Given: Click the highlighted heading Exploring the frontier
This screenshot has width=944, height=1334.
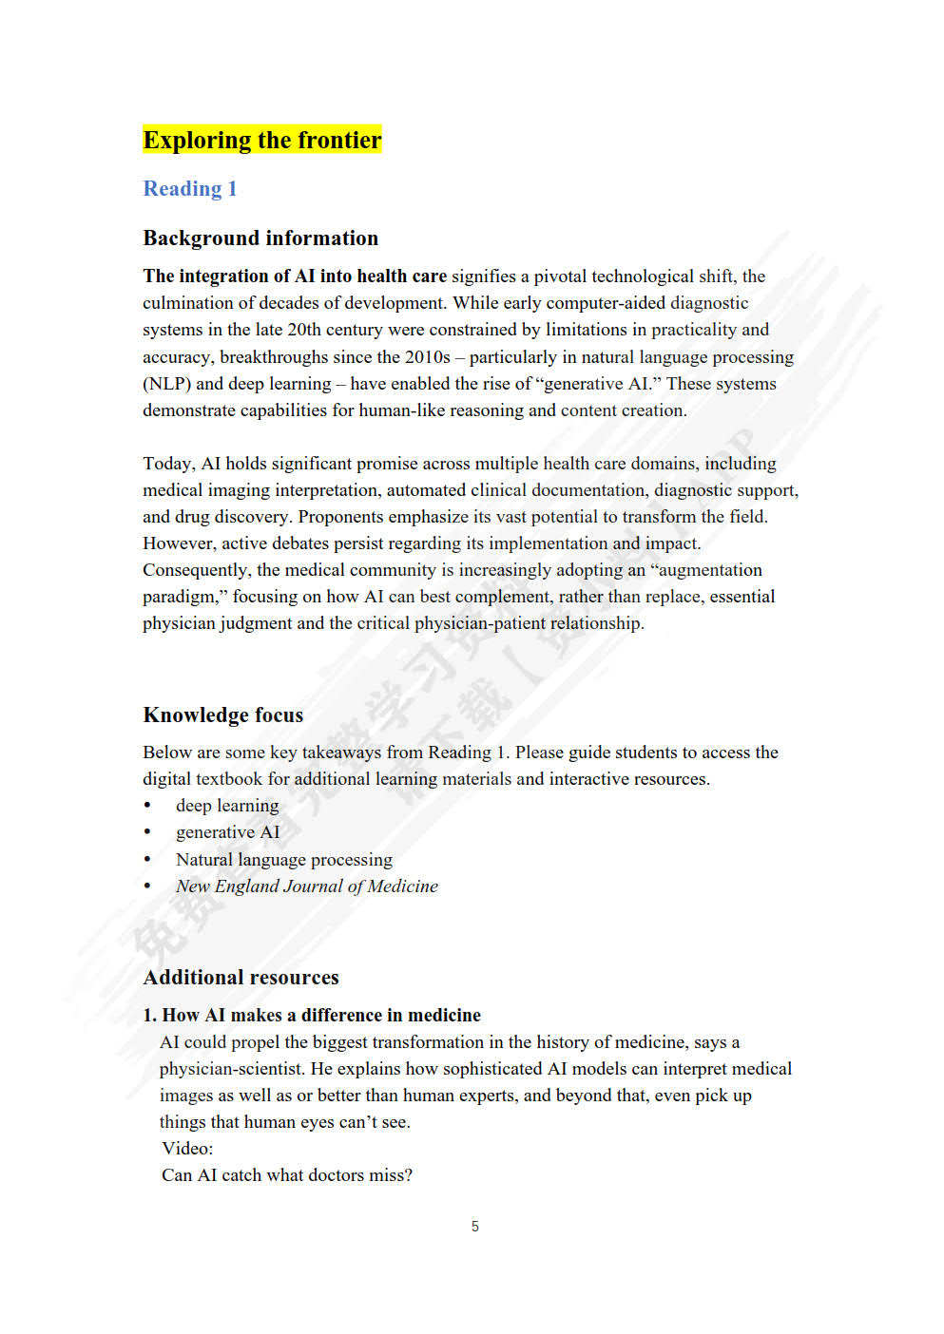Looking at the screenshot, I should click(x=261, y=141).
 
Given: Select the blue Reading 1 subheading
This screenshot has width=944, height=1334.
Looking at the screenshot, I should click(x=189, y=189).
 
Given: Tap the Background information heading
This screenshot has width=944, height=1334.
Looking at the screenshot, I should click(x=260, y=238).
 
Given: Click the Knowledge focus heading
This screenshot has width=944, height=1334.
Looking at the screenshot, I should click(x=222, y=715).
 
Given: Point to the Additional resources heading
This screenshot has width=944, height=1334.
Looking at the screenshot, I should click(x=241, y=978).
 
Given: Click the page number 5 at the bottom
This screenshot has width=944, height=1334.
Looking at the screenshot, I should click(x=474, y=1227).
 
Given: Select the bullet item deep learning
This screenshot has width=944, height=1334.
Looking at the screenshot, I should click(x=227, y=806).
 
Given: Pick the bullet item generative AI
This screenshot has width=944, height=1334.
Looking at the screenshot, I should click(x=227, y=832).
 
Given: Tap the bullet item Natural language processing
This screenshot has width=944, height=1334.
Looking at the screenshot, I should click(x=283, y=860).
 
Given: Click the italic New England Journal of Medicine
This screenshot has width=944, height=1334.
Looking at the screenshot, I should click(x=306, y=886).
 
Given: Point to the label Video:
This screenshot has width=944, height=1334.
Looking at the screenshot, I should click(x=187, y=1149).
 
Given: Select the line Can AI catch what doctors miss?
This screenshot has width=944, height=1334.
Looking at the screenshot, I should click(x=286, y=1175).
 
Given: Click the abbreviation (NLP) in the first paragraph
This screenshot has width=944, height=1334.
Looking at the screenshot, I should click(x=166, y=384).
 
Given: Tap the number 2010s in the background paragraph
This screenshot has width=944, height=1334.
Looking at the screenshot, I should click(x=426, y=357).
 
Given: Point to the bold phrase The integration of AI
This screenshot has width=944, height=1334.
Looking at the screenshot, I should click(x=228, y=276).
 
